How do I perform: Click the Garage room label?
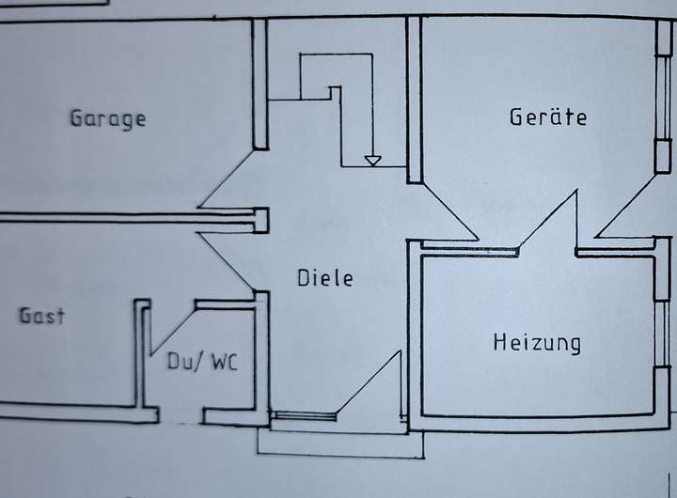108,119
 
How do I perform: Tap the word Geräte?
548,117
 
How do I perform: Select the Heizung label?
537,342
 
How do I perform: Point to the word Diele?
325,278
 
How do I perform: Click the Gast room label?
43,316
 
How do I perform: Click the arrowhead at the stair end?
373,161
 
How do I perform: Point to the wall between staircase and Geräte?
413,99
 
